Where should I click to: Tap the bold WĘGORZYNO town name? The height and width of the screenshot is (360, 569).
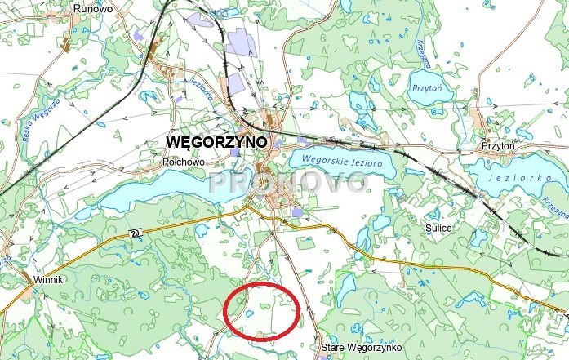pyautogui.click(x=216, y=141)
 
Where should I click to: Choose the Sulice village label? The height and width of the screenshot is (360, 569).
pyautogui.click(x=439, y=229)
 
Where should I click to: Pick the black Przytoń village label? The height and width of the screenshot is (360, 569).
pyautogui.click(x=498, y=145)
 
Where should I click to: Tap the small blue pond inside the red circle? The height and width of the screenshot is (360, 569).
pyautogui.click(x=246, y=311)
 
